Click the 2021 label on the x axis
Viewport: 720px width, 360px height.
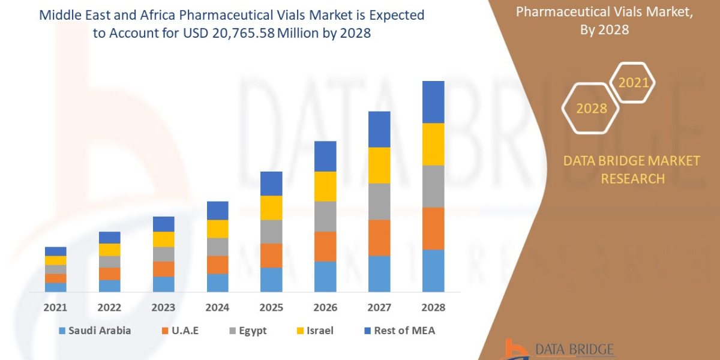[x=55, y=307]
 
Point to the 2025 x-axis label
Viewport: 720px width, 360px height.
[x=271, y=307]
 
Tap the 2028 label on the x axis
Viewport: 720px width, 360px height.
[x=433, y=307]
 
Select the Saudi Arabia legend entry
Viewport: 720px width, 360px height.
[x=94, y=331]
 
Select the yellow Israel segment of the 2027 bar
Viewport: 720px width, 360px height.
[x=379, y=165]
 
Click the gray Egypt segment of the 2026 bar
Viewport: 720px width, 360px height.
[x=325, y=216]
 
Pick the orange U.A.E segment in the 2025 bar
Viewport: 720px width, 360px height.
[x=271, y=255]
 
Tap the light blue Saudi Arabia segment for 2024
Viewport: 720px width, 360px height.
[x=217, y=283]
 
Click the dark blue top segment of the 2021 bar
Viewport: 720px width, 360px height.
[x=55, y=251]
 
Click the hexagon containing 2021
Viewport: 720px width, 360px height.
[x=632, y=83]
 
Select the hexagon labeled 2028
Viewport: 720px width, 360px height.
[x=590, y=109]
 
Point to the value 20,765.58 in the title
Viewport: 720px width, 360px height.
[x=244, y=34]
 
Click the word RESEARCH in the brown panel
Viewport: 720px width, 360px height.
[x=632, y=178]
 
